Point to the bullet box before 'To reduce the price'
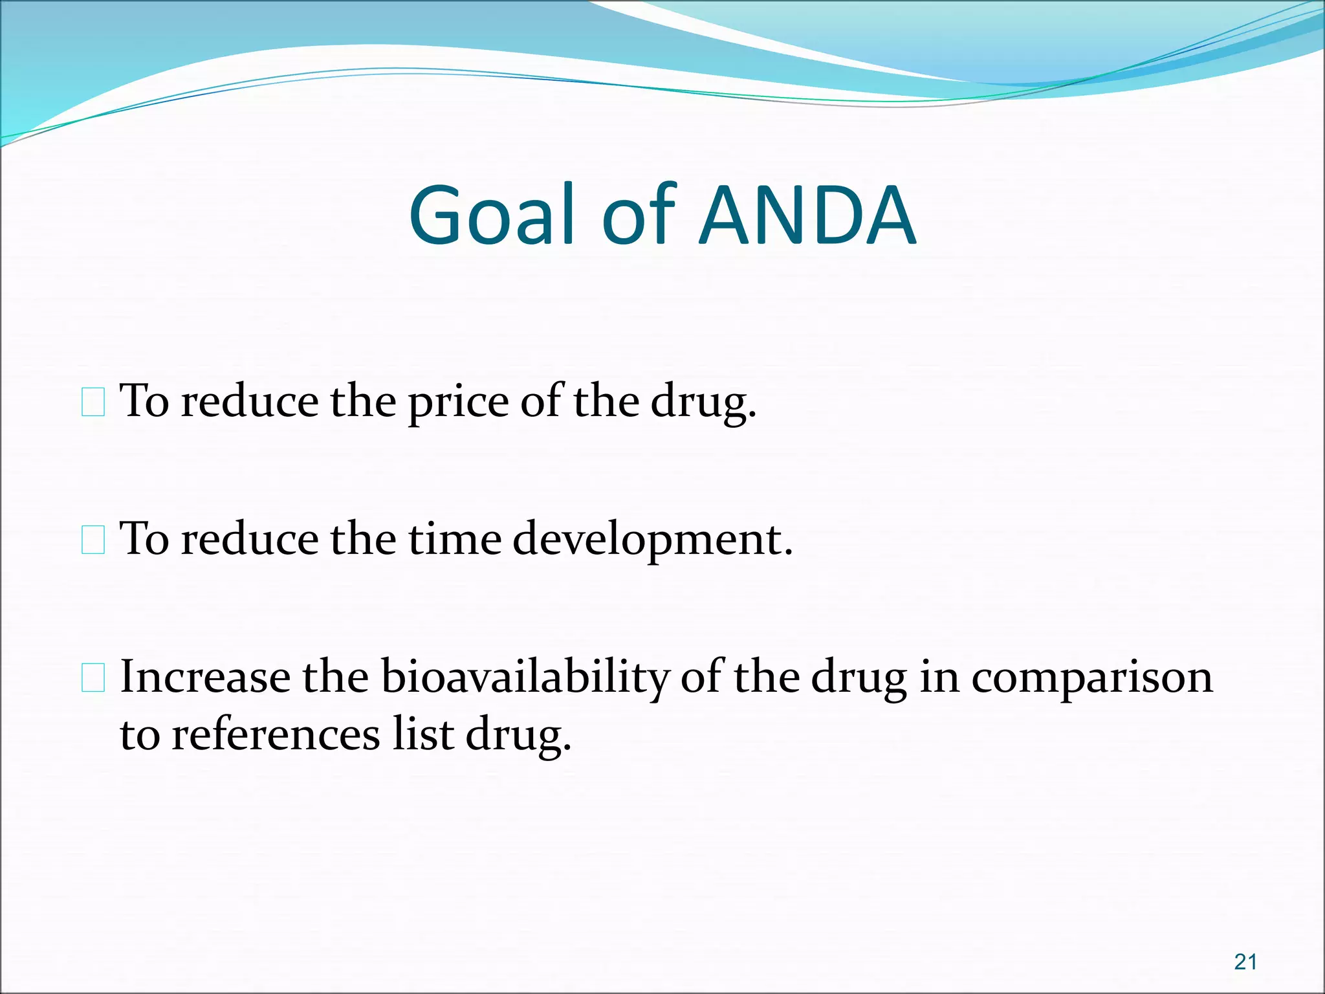point(93,402)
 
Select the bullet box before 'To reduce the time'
point(93,540)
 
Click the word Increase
point(205,677)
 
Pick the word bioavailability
point(525,678)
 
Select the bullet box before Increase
point(93,678)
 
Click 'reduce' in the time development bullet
point(250,539)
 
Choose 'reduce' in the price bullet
point(250,401)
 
